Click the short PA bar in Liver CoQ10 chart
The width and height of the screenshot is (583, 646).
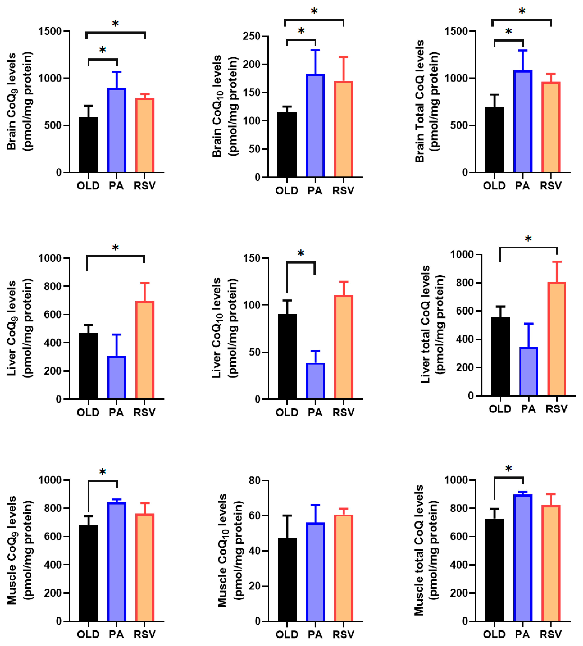tap(315, 381)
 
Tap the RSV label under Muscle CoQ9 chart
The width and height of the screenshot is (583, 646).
tap(144, 634)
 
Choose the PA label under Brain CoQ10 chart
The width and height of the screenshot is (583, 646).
tap(315, 191)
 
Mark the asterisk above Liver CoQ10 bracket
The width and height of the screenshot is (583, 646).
tap(300, 254)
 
